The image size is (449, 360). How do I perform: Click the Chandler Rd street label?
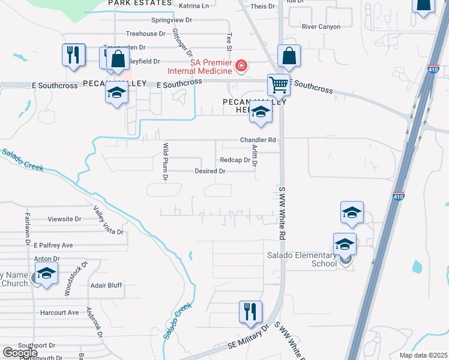258,140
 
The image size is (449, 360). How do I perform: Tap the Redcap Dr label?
235,160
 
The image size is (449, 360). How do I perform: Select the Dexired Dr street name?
209,171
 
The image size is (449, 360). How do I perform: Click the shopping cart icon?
279,86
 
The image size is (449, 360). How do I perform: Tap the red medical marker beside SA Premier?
241,65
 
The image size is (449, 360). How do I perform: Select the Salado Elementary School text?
302,259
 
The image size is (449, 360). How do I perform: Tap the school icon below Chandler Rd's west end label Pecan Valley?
116,92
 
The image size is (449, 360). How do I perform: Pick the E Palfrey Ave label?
53,245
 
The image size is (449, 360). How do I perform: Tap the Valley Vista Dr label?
108,220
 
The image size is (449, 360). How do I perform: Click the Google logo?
20,353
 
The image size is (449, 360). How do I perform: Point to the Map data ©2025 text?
422,355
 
